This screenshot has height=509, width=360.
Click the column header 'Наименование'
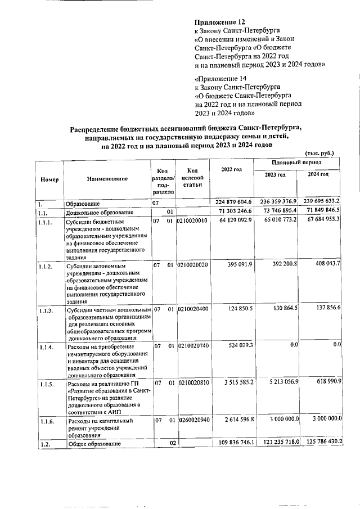click(x=107, y=179)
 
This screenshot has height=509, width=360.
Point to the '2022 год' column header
click(x=232, y=169)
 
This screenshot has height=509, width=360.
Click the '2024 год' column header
click(x=318, y=175)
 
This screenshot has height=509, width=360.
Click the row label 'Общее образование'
click(x=94, y=444)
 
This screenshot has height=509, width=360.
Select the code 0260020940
click(x=192, y=420)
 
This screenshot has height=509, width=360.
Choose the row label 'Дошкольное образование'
click(x=100, y=212)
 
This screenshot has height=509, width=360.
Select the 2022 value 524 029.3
click(x=238, y=345)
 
